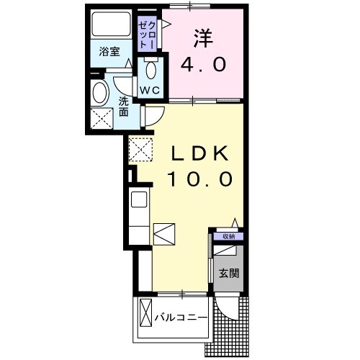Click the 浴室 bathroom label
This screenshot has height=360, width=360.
point(109,52)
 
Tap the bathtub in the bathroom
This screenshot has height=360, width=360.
point(111,24)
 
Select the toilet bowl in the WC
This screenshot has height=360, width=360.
point(151,70)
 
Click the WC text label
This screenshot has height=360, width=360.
point(150,90)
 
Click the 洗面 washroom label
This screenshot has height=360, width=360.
point(124,107)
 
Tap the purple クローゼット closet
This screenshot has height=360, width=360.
point(147,34)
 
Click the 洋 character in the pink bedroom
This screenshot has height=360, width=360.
point(203,38)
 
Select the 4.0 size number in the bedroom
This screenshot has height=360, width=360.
point(203,65)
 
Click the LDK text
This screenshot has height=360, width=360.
point(199,153)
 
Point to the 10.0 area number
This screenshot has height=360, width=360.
point(199,179)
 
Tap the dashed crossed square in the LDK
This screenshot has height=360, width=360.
point(141,150)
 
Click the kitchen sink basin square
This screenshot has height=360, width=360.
point(139,199)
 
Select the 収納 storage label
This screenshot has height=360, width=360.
point(228,237)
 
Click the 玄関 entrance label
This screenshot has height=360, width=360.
point(229,273)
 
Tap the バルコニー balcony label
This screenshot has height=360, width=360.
point(181,318)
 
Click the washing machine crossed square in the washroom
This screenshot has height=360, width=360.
point(102,119)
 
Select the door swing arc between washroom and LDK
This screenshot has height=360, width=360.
point(158,120)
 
